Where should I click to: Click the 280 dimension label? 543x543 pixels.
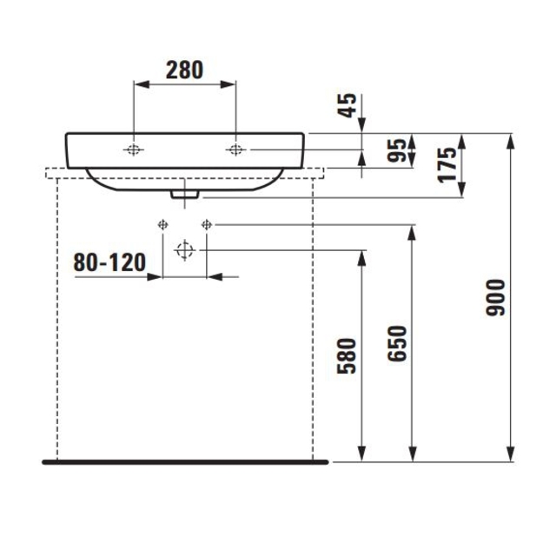[x=184, y=70]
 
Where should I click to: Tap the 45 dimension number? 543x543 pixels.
[x=347, y=105]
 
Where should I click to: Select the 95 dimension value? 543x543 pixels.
[x=396, y=150]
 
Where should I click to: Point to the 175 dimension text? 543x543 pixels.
[x=447, y=165]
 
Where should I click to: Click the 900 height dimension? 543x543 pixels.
[x=495, y=297]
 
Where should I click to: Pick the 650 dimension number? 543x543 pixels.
[x=397, y=343]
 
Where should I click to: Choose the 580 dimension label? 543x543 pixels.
[x=347, y=356]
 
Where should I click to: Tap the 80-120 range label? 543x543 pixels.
[x=109, y=262]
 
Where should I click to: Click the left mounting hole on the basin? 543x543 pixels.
[x=133, y=149]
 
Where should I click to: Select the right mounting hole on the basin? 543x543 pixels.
[x=235, y=149]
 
